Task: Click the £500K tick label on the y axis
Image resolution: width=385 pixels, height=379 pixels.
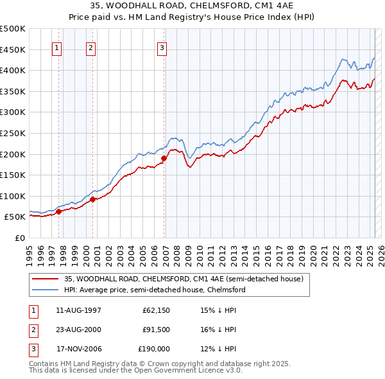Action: click(x=13, y=29)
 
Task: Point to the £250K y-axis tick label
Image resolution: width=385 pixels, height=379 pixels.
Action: click(x=13, y=133)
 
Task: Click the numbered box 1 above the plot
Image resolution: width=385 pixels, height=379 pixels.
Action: click(x=58, y=47)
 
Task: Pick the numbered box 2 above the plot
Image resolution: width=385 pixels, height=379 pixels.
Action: click(x=91, y=47)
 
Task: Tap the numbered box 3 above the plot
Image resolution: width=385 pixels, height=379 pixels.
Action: click(x=162, y=47)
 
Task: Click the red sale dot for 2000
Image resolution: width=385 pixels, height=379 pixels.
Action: click(x=92, y=199)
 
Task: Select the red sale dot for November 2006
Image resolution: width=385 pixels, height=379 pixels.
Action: click(x=164, y=158)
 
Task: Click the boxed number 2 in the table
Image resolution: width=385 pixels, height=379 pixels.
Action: click(x=33, y=330)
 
